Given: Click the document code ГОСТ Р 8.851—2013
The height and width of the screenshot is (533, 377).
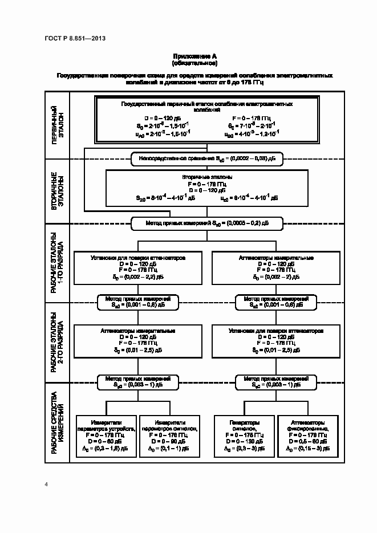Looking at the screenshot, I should (x=75, y=38).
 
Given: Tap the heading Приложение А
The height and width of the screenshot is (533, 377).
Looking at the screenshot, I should (x=194, y=56).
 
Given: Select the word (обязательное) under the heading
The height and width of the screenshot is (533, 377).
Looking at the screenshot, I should (x=194, y=63).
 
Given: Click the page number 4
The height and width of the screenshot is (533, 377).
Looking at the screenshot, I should (x=46, y=485).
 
